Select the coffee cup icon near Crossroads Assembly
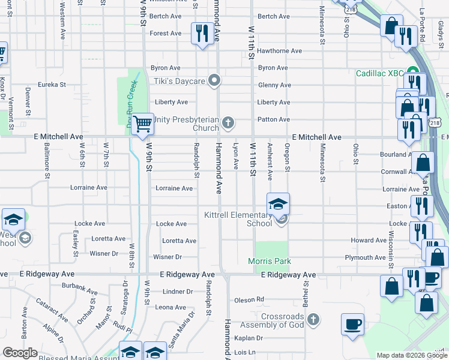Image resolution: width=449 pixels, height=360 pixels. click(352, 325)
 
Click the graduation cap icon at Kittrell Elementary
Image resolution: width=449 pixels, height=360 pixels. click(278, 205)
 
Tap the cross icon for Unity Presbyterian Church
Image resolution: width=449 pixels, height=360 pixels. click(228, 124)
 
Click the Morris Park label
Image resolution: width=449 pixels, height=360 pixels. click(270, 261)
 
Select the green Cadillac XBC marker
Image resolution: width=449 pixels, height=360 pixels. click(412, 73)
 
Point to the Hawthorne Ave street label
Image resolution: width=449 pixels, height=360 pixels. click(279, 51)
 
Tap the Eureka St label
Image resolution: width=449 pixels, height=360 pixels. click(52, 85)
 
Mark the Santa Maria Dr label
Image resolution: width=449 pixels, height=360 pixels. click(181, 329)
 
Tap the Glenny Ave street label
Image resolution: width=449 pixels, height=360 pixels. click(274, 85)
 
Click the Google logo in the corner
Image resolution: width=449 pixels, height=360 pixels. click(20, 353)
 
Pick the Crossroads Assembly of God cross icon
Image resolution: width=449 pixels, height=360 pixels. click(313, 319)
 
